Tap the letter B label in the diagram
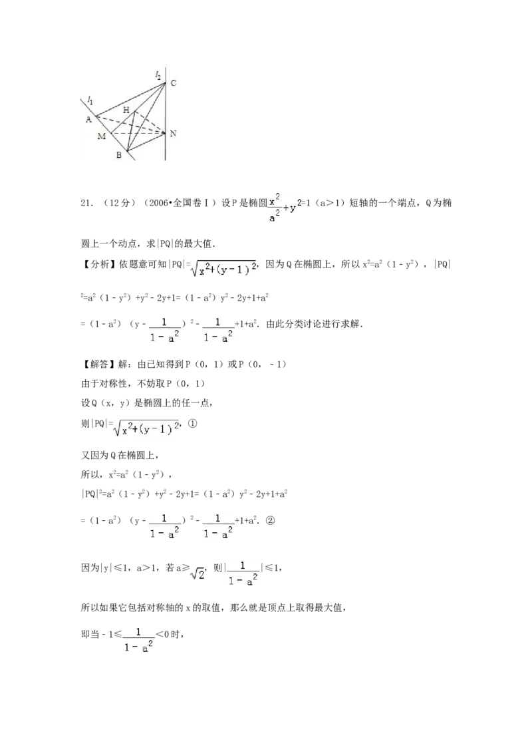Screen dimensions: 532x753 tap(118, 156)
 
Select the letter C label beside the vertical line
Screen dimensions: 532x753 tap(173, 83)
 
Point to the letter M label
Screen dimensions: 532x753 tap(102, 136)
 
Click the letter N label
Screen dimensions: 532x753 tap(173, 134)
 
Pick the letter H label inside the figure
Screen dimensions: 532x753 tap(126, 110)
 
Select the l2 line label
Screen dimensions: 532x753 tap(158, 76)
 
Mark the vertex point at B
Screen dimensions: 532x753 tap(126, 152)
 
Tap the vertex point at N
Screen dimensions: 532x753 tap(166, 134)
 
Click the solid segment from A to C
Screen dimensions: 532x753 tap(130, 100)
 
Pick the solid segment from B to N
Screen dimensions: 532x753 tap(146, 142)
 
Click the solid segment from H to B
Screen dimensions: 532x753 tap(132, 132)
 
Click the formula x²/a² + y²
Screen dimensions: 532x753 tap(285, 208)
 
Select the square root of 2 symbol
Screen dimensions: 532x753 tap(197, 575)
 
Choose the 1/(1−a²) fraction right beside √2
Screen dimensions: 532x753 tap(242, 575)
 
